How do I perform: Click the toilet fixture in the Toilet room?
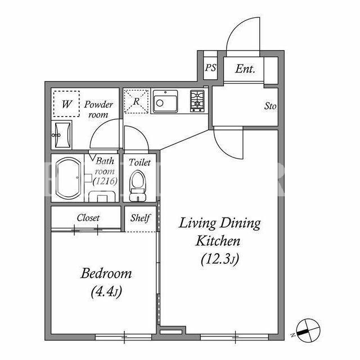[x=138, y=186]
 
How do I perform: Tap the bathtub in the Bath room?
[x=69, y=178]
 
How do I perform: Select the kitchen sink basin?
[x=165, y=101]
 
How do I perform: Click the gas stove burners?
[x=197, y=101]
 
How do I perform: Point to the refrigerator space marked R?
[x=136, y=101]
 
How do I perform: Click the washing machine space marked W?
[x=66, y=103]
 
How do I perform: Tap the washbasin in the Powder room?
[x=62, y=135]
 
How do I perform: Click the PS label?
[x=210, y=67]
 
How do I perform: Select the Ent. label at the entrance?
[x=245, y=69]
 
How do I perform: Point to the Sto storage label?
[x=270, y=106]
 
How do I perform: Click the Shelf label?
[x=140, y=218]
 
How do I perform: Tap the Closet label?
[x=88, y=218]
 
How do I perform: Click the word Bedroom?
[x=106, y=273]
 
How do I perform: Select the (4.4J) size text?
[x=106, y=292]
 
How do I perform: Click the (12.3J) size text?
[x=220, y=259]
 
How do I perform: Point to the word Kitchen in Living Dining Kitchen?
[x=218, y=241]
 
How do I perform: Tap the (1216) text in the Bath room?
[x=105, y=181]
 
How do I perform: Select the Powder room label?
[x=98, y=109]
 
